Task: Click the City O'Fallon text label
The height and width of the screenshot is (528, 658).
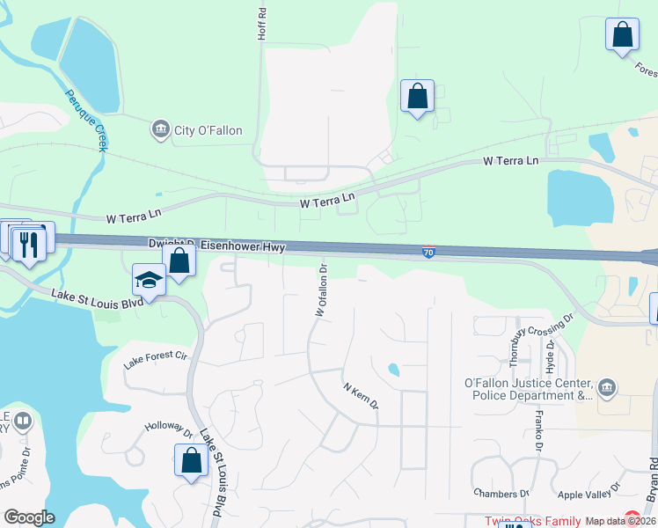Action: pyautogui.click(x=208, y=131)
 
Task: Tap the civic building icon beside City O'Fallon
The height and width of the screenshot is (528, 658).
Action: pyautogui.click(x=160, y=130)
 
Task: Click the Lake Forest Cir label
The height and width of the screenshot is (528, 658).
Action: pyautogui.click(x=157, y=360)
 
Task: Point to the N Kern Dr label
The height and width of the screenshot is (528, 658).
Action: pyautogui.click(x=360, y=395)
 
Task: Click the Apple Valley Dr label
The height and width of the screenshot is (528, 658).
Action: pyautogui.click(x=590, y=495)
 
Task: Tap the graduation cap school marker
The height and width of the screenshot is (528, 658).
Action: pyautogui.click(x=149, y=281)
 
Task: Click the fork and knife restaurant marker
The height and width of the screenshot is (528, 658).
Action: pyautogui.click(x=30, y=241)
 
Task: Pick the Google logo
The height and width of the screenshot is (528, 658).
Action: pyautogui.click(x=29, y=517)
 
